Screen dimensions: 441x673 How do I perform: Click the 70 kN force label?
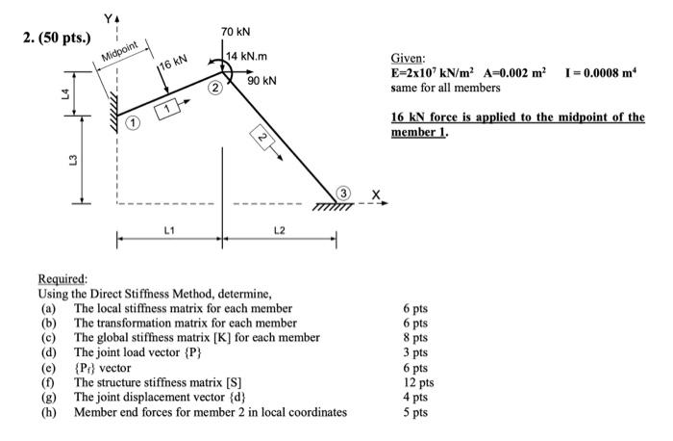point(236,33)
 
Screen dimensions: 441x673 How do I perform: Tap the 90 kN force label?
point(262,82)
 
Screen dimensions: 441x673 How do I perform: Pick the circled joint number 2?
point(216,89)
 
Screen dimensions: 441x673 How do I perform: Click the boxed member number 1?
point(168,109)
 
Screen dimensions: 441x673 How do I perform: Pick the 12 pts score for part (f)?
point(416,382)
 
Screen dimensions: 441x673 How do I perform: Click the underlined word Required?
point(62,274)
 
